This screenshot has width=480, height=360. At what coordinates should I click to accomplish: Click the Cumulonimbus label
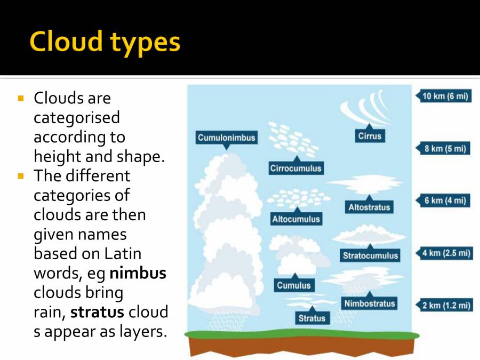[x=227, y=138]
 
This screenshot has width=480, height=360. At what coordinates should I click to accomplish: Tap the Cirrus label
[x=370, y=136]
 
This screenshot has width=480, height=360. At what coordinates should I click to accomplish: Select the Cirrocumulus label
[x=296, y=169]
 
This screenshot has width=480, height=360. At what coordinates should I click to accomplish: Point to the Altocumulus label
[x=296, y=219]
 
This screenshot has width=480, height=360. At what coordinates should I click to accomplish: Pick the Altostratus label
[x=369, y=207]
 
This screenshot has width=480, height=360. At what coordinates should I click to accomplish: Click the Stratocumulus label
[x=370, y=255]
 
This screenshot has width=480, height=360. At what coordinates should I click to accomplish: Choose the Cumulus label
[x=293, y=285]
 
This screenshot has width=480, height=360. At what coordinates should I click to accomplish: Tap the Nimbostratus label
[x=370, y=303]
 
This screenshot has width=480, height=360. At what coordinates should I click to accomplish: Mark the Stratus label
[x=311, y=318]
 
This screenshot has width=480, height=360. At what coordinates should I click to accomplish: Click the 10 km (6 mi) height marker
[x=445, y=97]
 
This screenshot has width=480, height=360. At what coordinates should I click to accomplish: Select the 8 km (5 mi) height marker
[x=445, y=149]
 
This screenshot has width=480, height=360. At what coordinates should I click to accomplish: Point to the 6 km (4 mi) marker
[x=445, y=201]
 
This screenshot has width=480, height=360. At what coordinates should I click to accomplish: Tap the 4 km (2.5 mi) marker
[x=446, y=253]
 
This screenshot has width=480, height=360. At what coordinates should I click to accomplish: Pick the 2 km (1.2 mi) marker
[x=445, y=306]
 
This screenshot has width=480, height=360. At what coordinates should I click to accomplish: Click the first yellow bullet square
[x=21, y=99]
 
